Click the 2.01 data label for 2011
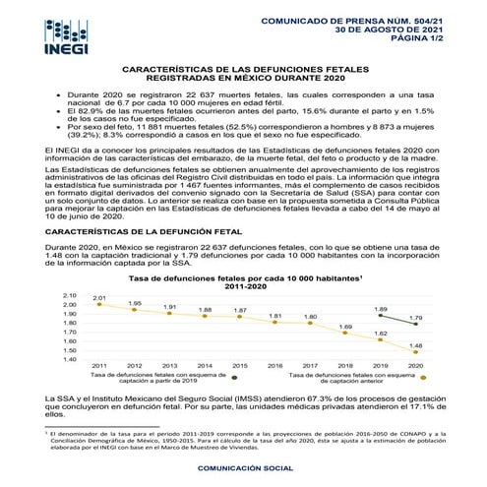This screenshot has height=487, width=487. (99, 297)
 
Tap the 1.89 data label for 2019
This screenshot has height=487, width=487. (381, 309)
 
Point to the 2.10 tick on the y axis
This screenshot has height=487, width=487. (69, 295)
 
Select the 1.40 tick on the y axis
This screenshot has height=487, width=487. (69, 358)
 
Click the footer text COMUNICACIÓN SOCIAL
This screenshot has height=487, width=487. (242, 469)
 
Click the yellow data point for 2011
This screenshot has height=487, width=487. (99, 305)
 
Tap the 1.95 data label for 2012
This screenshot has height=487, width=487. (135, 303)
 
